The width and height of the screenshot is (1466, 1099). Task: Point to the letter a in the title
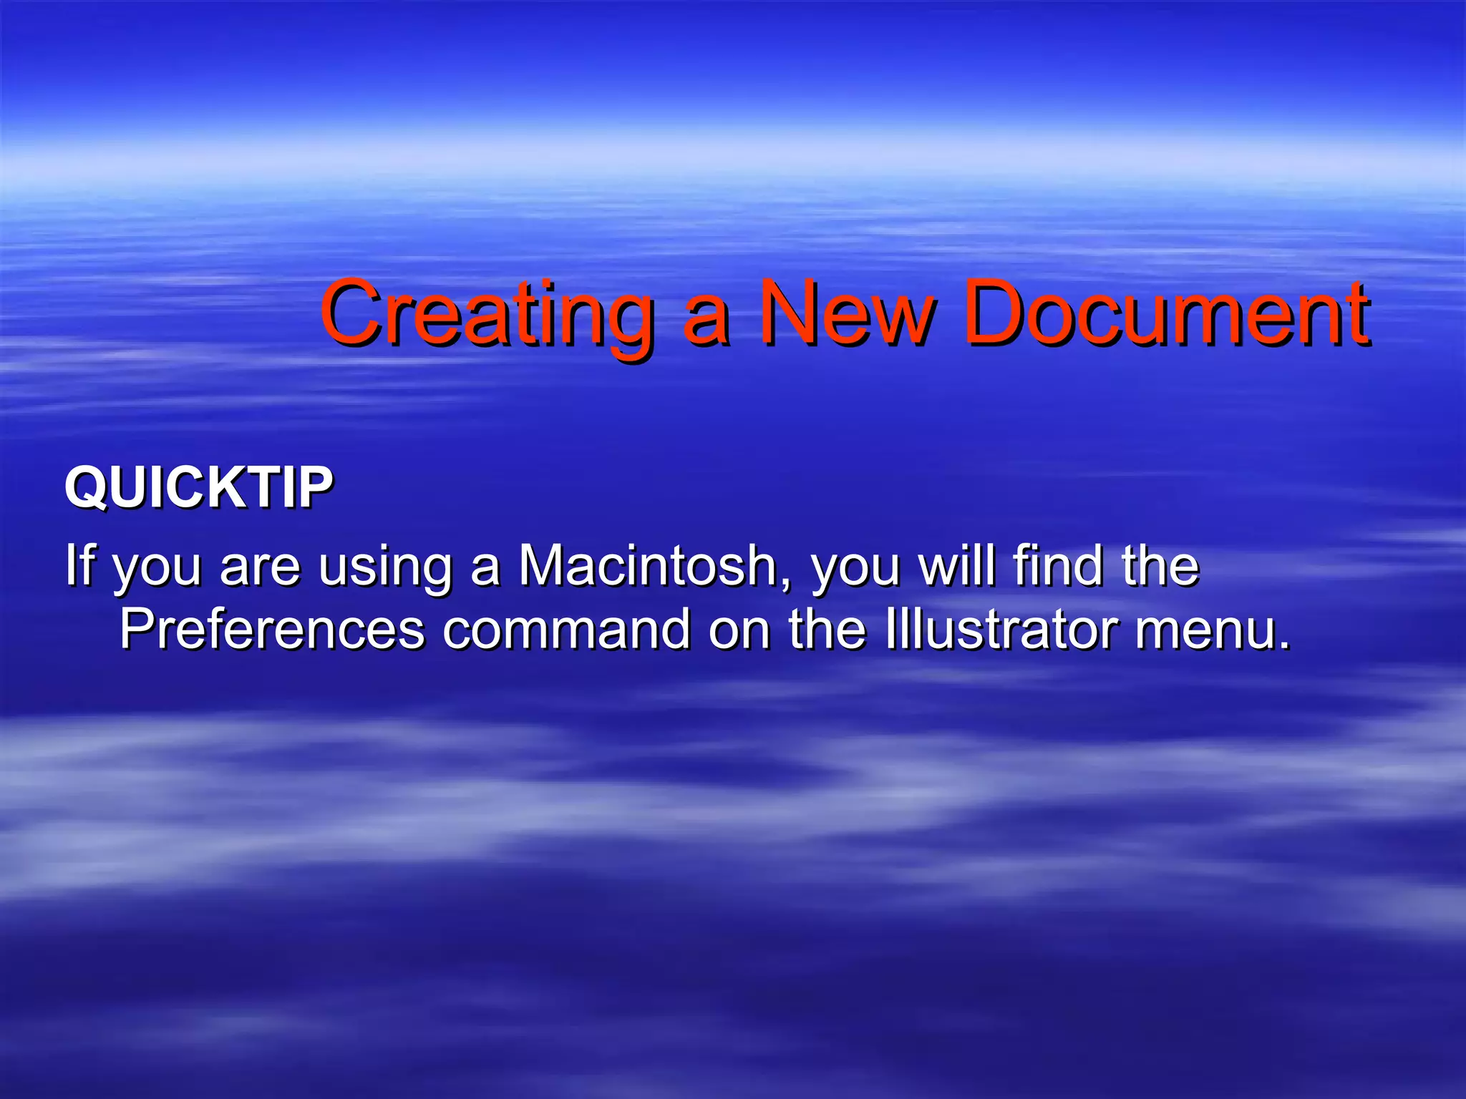pyautogui.click(x=707, y=322)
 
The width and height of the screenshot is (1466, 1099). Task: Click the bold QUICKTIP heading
pyautogui.click(x=199, y=488)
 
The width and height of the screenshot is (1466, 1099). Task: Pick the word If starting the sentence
pyautogui.click(x=79, y=565)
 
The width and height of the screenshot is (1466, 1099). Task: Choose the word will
pyautogui.click(x=956, y=565)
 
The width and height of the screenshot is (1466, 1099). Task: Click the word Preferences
pyautogui.click(x=272, y=630)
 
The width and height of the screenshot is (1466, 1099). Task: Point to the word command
pyautogui.click(x=566, y=630)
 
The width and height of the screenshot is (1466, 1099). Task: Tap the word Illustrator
pyautogui.click(x=1001, y=630)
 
